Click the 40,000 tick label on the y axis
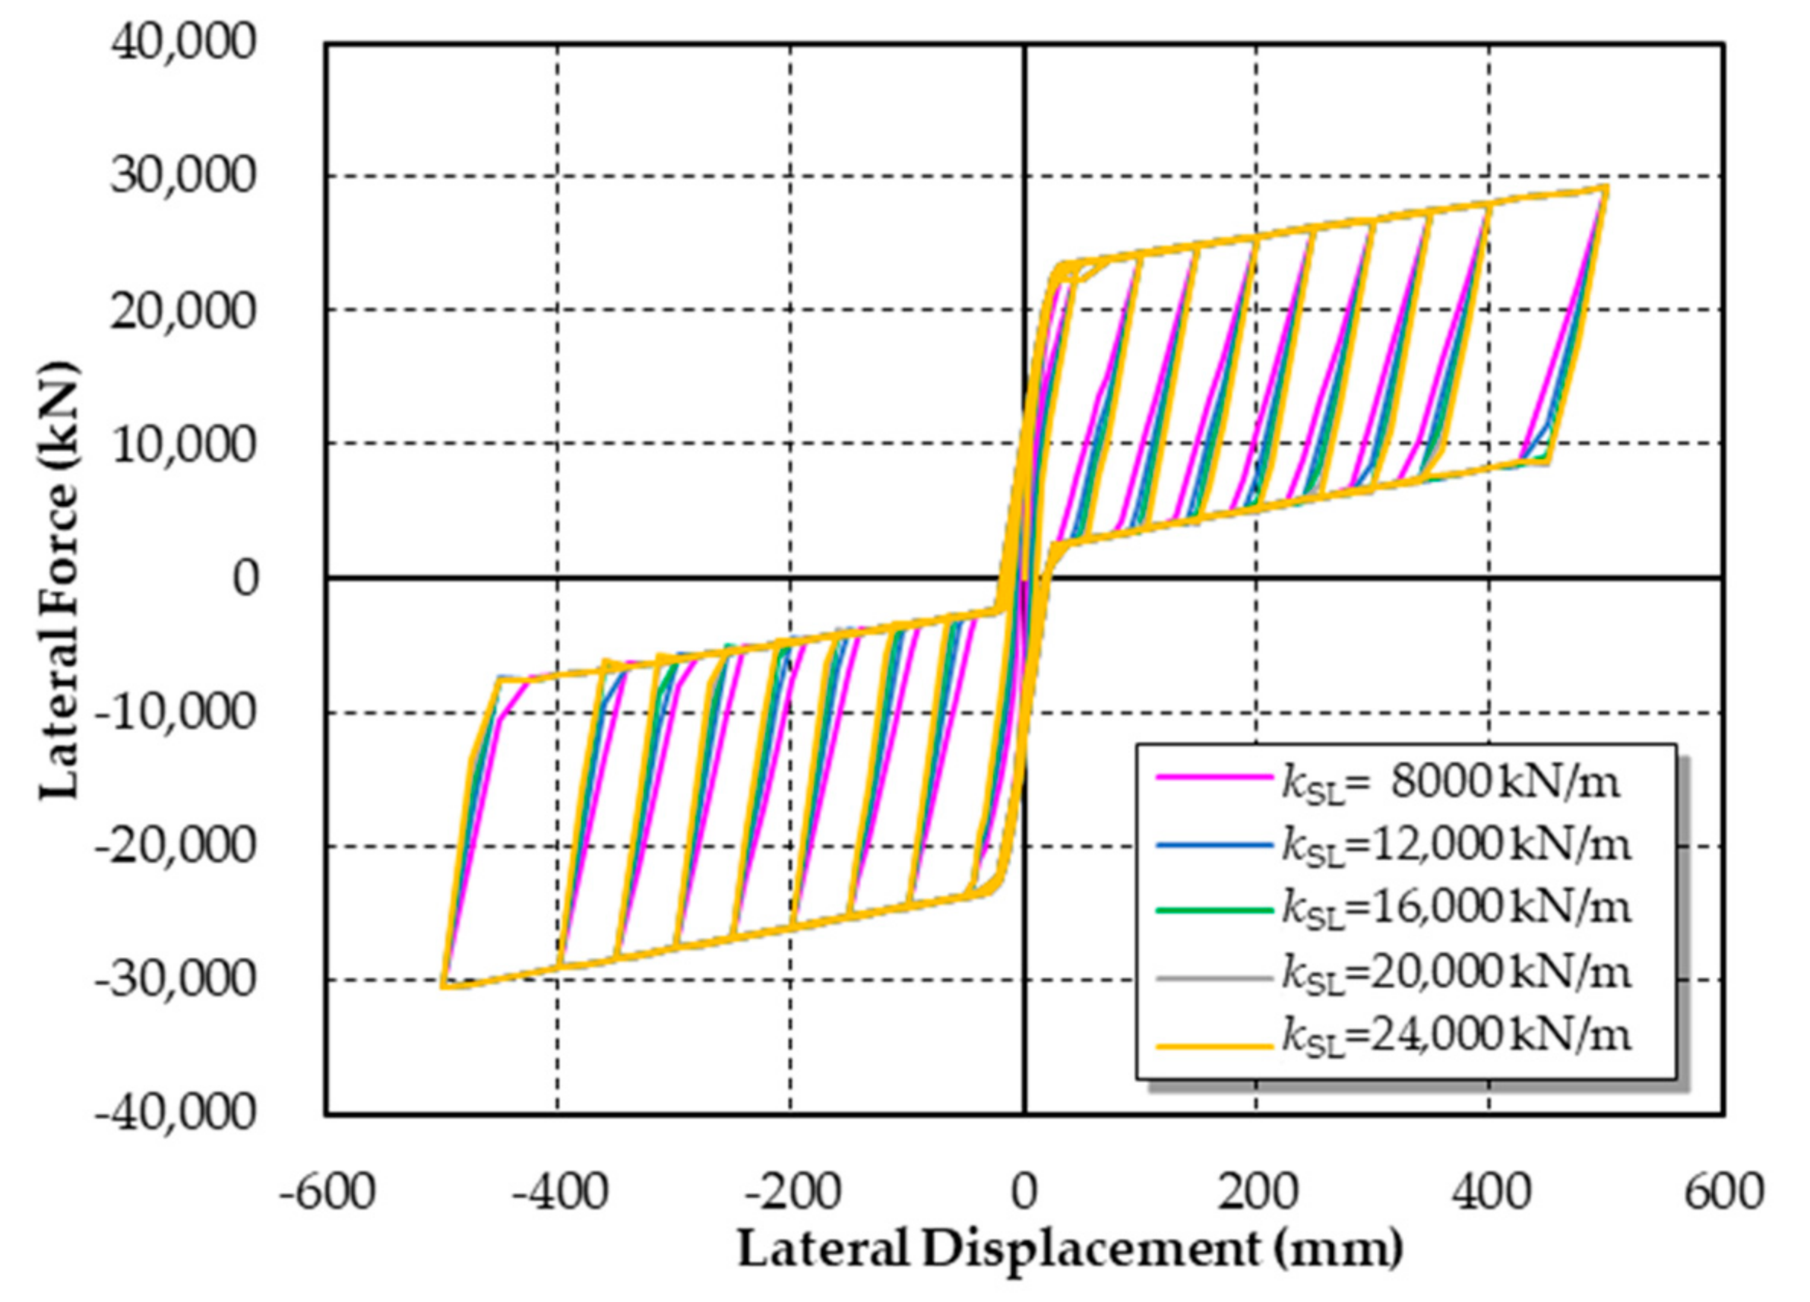point(183,42)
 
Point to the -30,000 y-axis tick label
point(175,979)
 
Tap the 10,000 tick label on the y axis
point(183,444)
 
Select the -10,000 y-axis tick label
point(175,711)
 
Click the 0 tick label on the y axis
point(245,578)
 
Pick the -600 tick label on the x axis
point(327,1193)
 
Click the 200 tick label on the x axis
point(1257,1193)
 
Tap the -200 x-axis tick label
point(792,1193)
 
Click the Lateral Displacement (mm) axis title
point(1069,1249)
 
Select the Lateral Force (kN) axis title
point(60,580)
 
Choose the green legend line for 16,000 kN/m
point(1213,910)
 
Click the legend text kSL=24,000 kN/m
point(1456,1037)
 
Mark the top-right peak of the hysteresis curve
point(1604,188)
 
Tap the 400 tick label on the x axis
point(1490,1193)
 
